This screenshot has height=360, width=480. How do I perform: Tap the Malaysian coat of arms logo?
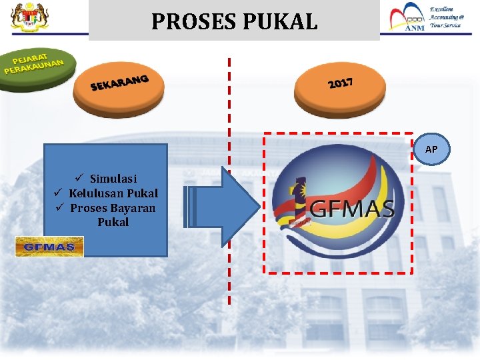click(25, 18)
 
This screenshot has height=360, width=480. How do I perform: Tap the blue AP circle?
click(431, 149)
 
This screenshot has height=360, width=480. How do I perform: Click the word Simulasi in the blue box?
click(113, 179)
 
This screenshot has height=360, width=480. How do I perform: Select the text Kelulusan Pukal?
click(113, 193)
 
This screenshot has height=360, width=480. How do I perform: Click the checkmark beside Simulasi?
click(79, 178)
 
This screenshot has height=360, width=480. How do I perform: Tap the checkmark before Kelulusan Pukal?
click(58, 193)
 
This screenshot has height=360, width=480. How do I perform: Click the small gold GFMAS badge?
click(50, 247)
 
